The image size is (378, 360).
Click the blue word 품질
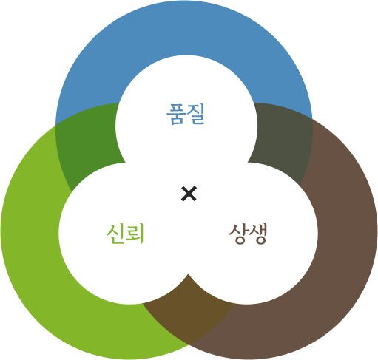click(x=186, y=114)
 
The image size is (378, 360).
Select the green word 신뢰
click(x=125, y=234)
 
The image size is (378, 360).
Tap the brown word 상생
click(x=248, y=234)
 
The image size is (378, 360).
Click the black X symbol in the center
click(x=189, y=194)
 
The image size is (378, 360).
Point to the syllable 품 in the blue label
click(x=176, y=114)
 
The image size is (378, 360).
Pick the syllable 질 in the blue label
click(x=196, y=114)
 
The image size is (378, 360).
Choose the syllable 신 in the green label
click(x=115, y=234)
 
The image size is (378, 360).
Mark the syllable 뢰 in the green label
click(x=135, y=234)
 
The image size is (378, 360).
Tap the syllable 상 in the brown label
click(x=238, y=234)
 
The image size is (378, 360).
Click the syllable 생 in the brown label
click(x=258, y=234)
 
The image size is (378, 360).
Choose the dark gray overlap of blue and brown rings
click(x=281, y=138)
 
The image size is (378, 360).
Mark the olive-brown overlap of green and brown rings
click(x=189, y=310)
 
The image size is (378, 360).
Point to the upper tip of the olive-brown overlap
click(x=189, y=274)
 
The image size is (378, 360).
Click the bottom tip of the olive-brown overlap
click(x=189, y=344)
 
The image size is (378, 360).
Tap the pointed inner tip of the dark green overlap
click(x=125, y=163)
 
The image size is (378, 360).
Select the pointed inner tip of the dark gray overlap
click(x=248, y=163)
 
